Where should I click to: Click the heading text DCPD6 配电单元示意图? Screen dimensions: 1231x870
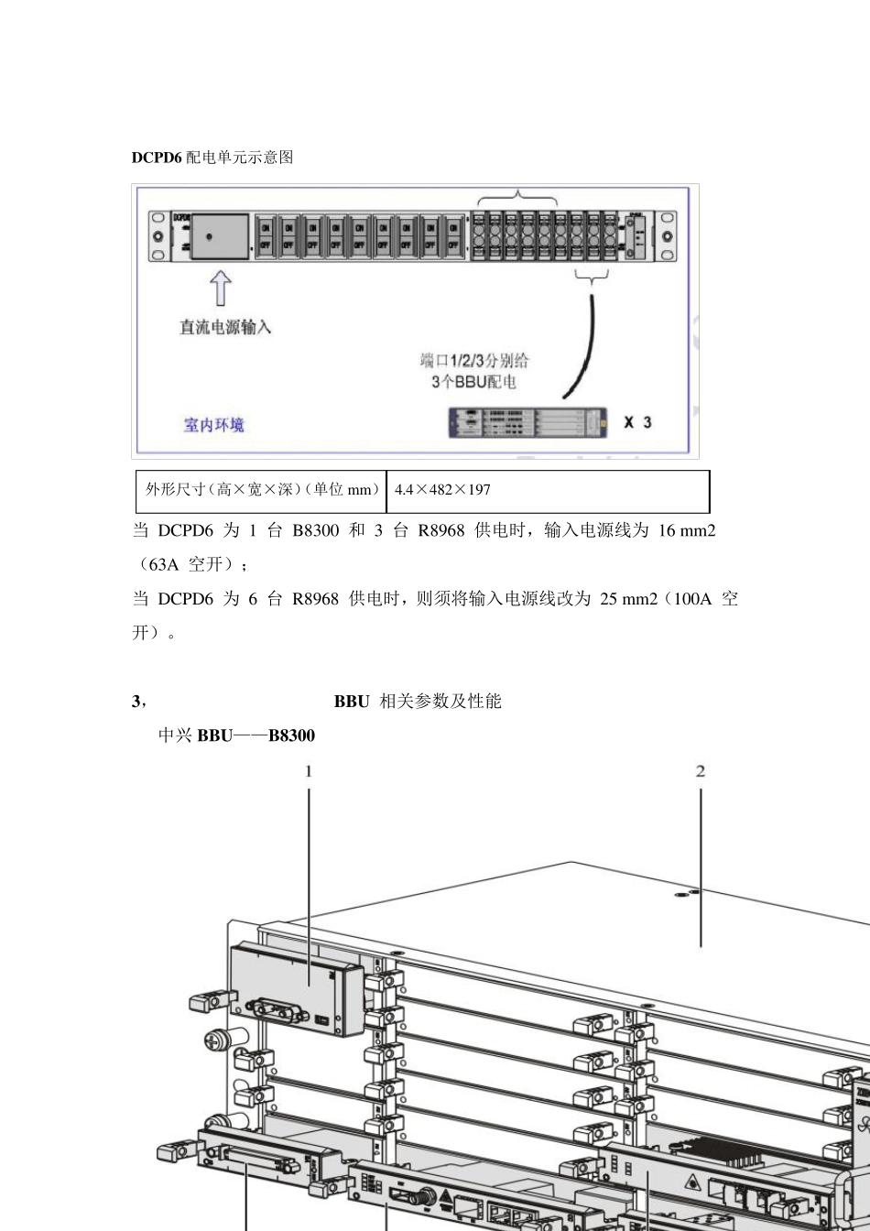click(212, 157)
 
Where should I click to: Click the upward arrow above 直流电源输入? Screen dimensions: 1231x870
click(221, 289)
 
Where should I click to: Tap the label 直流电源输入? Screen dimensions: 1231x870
click(225, 327)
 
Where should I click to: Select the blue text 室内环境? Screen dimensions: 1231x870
click(214, 424)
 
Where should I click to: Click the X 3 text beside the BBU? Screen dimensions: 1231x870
click(637, 422)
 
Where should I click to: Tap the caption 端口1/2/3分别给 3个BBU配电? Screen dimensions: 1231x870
click(474, 370)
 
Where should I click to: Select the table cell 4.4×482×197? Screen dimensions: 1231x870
click(442, 490)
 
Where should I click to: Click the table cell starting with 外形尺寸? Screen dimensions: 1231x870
click(261, 490)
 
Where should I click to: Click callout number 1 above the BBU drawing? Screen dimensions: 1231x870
click(309, 771)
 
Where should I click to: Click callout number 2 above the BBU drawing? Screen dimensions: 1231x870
click(701, 771)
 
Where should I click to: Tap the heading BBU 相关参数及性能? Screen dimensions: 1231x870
click(418, 702)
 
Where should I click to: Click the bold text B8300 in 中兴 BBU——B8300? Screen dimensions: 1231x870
click(291, 735)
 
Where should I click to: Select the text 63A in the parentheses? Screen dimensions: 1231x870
click(165, 564)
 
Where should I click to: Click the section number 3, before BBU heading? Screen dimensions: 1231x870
click(138, 702)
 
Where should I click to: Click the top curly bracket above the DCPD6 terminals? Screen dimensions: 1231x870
click(518, 197)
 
